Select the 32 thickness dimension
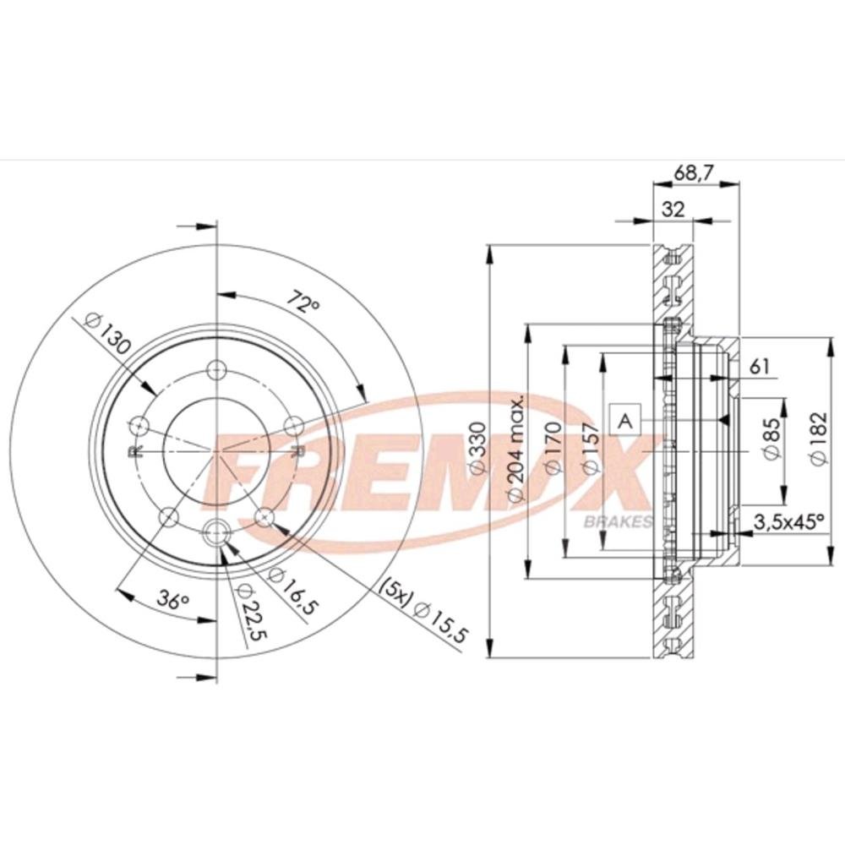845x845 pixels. (673, 210)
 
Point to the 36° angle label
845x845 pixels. (173, 601)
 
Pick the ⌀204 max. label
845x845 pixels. (515, 448)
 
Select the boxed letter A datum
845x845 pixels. (625, 420)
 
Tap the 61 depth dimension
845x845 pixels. (760, 366)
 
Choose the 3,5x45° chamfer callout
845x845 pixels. (790, 521)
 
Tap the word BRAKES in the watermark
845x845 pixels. (617, 521)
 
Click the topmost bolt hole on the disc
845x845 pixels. (217, 369)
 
